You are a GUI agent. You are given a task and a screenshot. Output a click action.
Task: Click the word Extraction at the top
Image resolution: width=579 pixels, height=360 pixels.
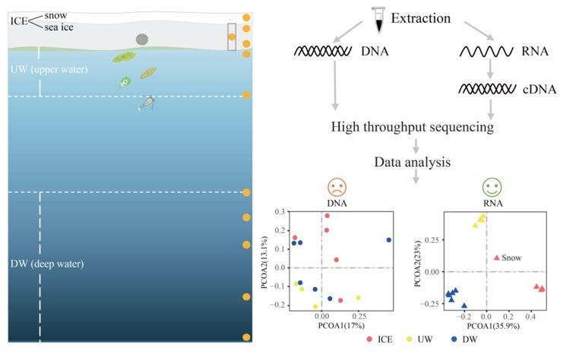(x=421, y=18)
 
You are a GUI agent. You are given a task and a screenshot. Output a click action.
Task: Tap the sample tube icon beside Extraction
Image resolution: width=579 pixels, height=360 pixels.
(x=378, y=20)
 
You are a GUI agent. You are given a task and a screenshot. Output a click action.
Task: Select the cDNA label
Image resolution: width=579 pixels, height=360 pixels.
(x=539, y=90)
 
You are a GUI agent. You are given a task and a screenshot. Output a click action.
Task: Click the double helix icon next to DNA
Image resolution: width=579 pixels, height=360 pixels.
(x=323, y=51)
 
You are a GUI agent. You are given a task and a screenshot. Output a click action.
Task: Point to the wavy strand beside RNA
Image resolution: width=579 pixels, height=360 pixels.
(x=486, y=52)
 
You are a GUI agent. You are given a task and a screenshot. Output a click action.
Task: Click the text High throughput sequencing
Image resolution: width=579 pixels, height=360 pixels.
(x=412, y=127)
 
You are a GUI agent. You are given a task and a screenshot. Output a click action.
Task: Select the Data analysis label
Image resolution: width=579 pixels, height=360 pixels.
(x=412, y=162)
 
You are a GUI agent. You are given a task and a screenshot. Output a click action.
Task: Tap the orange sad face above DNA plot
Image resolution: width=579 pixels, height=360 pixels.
(x=337, y=187)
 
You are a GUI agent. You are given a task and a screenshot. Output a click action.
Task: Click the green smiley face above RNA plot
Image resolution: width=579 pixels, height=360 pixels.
(x=492, y=187)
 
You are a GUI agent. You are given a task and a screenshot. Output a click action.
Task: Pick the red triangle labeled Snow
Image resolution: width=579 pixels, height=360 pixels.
(x=497, y=257)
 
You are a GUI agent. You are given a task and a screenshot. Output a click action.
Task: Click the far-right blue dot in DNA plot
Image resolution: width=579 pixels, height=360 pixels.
(x=389, y=240)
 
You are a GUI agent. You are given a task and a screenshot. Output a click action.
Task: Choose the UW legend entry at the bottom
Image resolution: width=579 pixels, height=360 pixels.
(x=419, y=339)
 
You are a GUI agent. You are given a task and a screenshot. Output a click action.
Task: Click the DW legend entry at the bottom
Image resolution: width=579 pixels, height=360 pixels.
(x=464, y=339)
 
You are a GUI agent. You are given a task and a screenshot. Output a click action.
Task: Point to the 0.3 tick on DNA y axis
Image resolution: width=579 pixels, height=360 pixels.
(x=280, y=212)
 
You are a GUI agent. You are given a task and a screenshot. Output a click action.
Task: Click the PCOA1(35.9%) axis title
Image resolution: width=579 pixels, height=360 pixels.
(x=493, y=326)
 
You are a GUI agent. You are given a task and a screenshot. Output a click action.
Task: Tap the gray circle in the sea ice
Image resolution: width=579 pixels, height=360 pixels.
(x=142, y=39)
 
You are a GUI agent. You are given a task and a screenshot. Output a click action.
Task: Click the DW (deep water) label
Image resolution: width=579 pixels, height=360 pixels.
(x=47, y=264)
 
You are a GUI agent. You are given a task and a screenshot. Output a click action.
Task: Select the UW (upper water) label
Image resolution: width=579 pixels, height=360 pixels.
(x=49, y=69)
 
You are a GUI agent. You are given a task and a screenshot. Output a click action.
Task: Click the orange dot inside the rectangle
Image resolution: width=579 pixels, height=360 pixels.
(x=232, y=37)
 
